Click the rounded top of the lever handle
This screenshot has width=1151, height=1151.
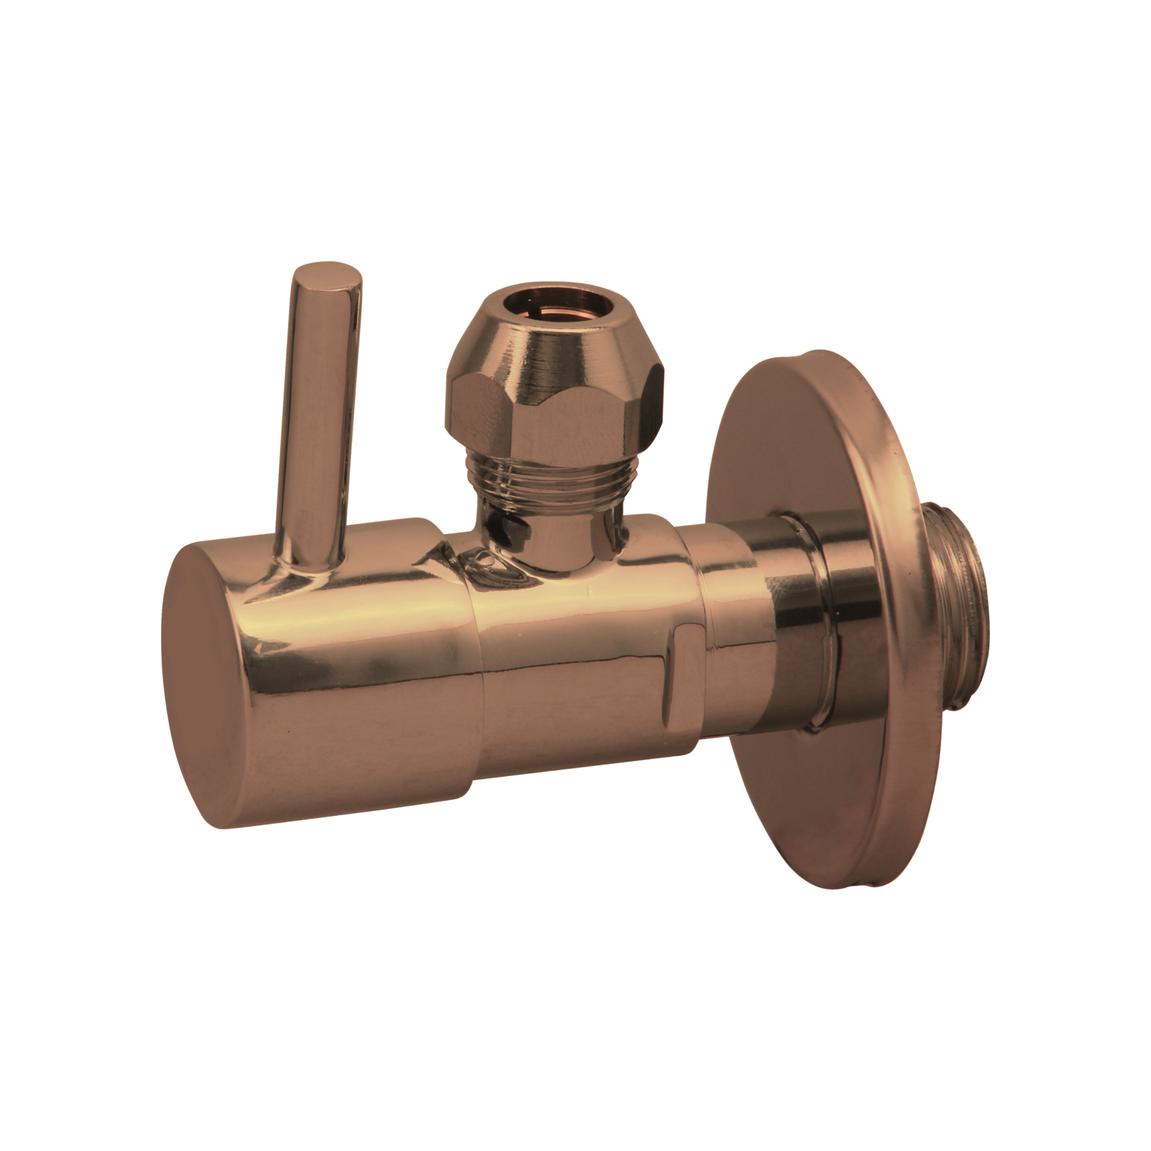327,275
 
